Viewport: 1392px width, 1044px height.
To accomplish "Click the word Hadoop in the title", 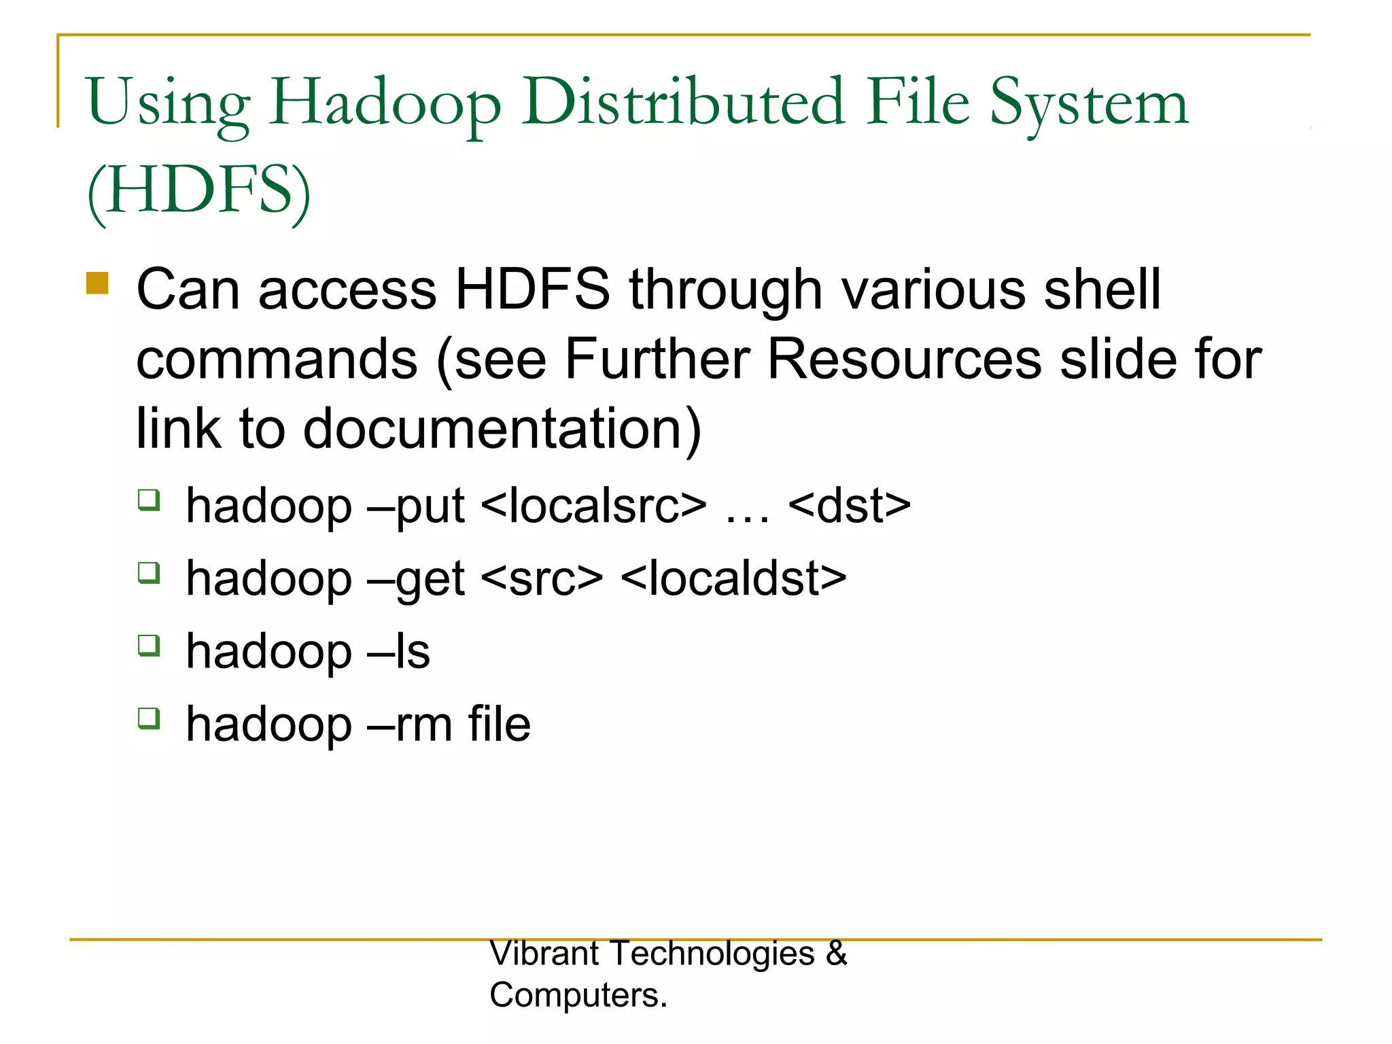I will [x=385, y=103].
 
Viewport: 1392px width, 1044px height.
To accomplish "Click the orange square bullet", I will [x=97, y=283].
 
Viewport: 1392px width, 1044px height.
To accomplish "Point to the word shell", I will [x=1102, y=290].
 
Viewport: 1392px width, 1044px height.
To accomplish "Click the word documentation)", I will [x=502, y=429].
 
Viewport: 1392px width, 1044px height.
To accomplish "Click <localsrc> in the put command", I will [x=593, y=506].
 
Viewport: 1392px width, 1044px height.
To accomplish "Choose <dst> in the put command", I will [x=850, y=506].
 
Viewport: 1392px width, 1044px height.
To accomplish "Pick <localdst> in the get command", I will [x=733, y=579].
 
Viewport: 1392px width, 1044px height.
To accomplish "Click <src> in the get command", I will [x=542, y=579].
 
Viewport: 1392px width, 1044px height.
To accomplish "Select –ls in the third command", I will [x=398, y=651].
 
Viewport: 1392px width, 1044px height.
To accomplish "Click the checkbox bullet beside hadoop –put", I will [x=149, y=500].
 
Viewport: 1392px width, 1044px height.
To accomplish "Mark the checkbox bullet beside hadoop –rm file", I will [x=149, y=718].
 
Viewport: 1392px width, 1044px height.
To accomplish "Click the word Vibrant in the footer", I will [x=544, y=953].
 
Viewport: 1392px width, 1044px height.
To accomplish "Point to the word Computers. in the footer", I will [x=578, y=995].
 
